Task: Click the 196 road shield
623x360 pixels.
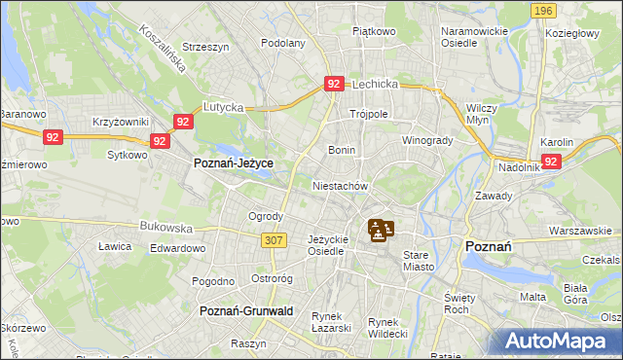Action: pyautogui.click(x=544, y=10)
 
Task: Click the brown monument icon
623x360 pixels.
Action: pyautogui.click(x=381, y=231)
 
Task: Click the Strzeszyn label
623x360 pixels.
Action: pyautogui.click(x=204, y=46)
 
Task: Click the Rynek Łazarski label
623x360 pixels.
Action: pyautogui.click(x=331, y=322)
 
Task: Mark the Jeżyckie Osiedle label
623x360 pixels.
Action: pyautogui.click(x=326, y=244)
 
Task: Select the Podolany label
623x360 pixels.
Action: pyautogui.click(x=283, y=43)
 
